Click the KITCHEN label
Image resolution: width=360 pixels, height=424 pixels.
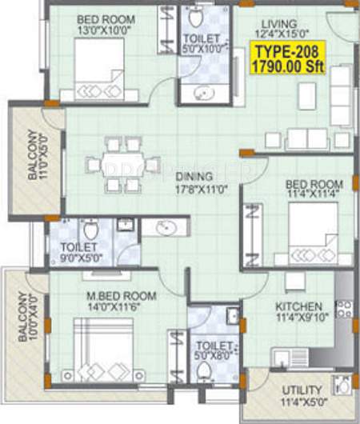pyautogui.click(x=299, y=306)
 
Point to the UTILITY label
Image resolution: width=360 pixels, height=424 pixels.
pyautogui.click(x=302, y=390)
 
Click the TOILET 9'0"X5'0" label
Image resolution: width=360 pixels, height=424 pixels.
pyautogui.click(x=78, y=253)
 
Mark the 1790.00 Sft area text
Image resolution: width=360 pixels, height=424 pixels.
pyautogui.click(x=286, y=69)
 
